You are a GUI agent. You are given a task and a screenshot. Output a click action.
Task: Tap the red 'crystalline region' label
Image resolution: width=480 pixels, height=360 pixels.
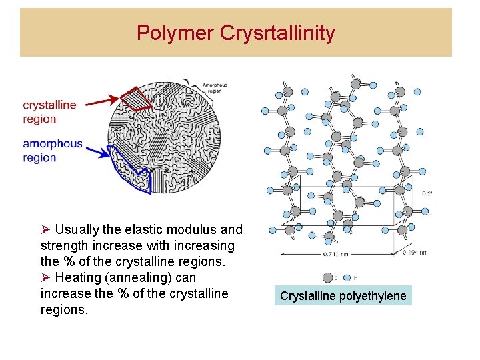point(49,112)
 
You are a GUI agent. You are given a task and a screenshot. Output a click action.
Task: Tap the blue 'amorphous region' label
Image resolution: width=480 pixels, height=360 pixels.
point(52,151)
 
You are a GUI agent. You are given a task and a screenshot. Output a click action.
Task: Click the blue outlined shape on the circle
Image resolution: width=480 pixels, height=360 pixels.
point(130,172)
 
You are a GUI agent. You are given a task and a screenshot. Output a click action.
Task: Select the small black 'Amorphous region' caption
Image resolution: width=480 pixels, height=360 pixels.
point(214,87)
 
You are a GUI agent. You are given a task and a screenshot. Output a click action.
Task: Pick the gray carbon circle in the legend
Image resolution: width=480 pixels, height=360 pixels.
point(327,277)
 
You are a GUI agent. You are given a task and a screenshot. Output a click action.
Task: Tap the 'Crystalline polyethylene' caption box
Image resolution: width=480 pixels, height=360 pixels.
point(343,295)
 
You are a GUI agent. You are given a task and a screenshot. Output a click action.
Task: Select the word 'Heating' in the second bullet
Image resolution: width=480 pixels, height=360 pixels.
point(77,277)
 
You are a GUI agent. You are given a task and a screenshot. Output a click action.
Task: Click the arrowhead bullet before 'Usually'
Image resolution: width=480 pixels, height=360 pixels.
point(45,229)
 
